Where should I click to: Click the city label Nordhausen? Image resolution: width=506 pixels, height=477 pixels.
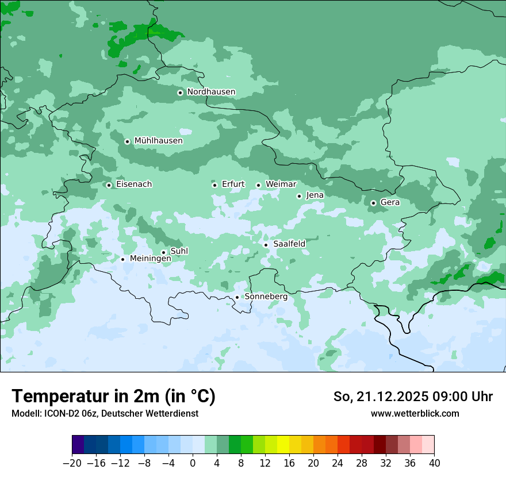pos(211,92)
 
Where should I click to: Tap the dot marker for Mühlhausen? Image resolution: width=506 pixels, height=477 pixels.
pos(128,141)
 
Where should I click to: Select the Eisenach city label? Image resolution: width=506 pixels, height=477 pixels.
pos(134,184)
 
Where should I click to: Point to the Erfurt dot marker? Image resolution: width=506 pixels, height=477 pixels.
pos(214,185)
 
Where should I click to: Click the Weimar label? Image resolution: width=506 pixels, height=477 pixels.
pos(281,184)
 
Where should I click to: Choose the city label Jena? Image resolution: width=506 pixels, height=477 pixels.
pos(315,195)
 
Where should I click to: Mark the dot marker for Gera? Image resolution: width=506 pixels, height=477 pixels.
pos(373,203)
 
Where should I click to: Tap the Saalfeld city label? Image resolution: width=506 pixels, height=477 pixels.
pos(289,244)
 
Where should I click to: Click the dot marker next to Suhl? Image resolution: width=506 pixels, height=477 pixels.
pos(163,252)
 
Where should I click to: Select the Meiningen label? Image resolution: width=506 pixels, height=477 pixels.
pos(150,259)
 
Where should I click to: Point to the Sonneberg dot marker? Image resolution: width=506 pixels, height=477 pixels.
pos(237,297)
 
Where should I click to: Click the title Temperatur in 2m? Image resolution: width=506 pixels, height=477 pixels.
pos(113,396)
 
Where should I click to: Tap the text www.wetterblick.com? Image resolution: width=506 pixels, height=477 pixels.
pos(415,413)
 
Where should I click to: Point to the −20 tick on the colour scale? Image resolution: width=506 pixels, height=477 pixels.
pos(72,463)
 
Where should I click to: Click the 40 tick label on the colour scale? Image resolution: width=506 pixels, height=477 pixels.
pos(434,463)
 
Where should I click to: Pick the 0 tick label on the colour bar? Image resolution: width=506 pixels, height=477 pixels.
pos(193,463)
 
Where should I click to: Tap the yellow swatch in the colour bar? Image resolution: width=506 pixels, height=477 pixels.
pos(283,445)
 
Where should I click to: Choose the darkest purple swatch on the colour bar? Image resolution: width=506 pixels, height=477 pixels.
pos(78,445)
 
